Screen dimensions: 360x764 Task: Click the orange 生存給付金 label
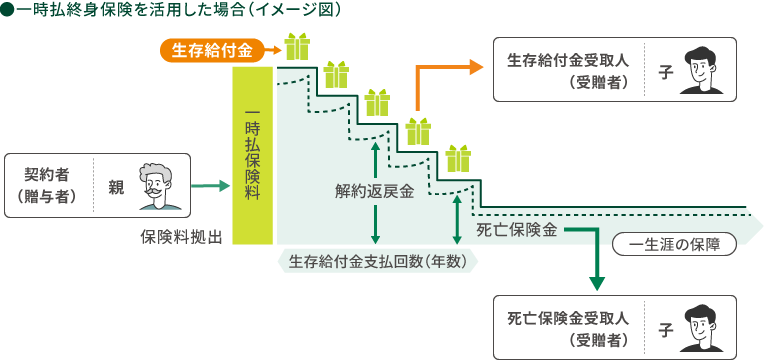click(212, 48)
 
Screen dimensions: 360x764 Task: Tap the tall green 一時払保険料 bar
click(252, 155)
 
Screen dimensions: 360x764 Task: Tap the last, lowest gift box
click(458, 158)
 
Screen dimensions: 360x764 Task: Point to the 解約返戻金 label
click(375, 192)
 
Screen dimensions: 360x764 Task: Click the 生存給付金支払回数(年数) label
click(378, 262)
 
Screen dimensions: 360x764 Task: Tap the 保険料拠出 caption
click(181, 236)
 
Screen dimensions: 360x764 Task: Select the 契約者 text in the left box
click(46, 174)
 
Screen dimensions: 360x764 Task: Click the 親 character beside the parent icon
click(115, 185)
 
